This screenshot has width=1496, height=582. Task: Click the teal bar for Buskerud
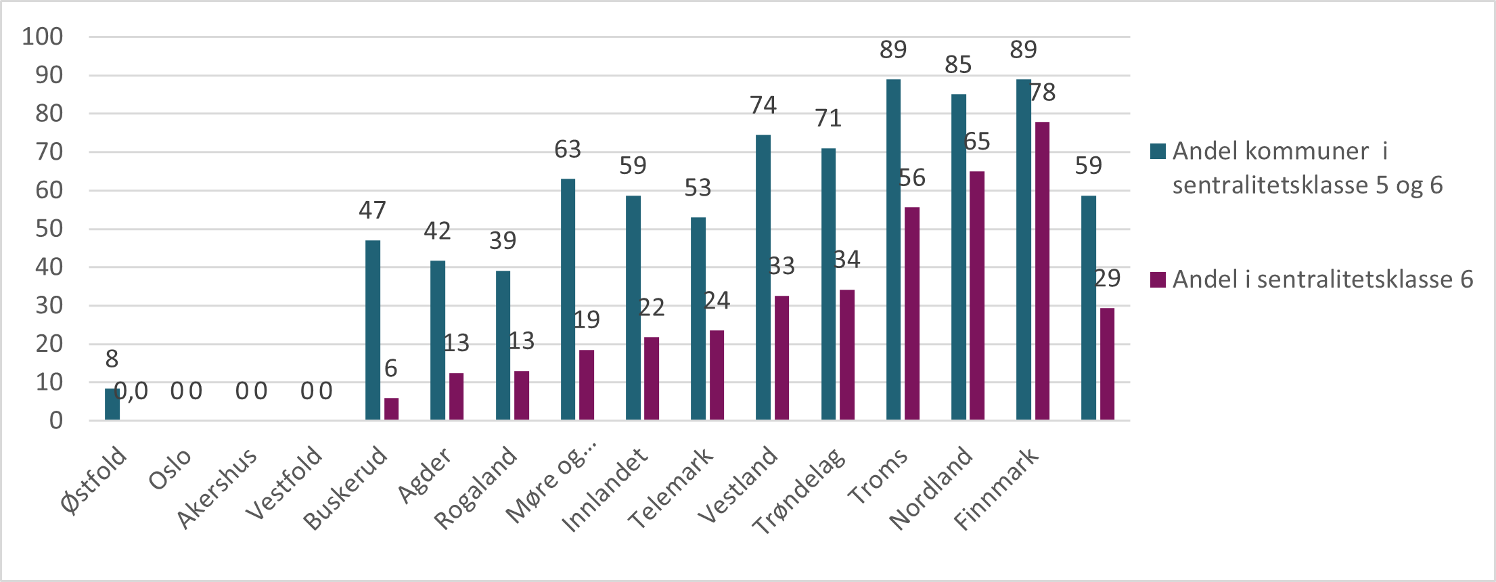[372, 330]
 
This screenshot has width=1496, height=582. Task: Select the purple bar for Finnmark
[1042, 271]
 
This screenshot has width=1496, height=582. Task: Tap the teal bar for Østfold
[112, 404]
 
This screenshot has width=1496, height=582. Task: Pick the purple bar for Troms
[911, 313]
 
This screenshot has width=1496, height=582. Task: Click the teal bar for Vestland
[763, 277]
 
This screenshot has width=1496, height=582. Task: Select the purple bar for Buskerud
[391, 409]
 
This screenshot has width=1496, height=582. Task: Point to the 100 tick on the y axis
[43, 37]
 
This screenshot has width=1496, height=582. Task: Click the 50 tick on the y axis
[49, 229]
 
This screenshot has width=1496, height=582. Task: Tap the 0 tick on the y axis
[56, 420]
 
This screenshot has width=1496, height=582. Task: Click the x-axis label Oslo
[171, 469]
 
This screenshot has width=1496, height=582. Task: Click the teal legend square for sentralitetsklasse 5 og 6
[1158, 151]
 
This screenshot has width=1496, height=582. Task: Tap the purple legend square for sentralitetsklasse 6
[1158, 279]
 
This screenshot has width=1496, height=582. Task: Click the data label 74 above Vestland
[763, 106]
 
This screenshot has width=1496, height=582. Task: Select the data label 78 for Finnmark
[1043, 93]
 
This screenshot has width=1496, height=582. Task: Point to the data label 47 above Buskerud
[372, 210]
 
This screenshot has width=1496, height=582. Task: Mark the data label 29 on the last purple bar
[1108, 278]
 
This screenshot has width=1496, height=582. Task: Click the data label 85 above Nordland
[958, 65]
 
